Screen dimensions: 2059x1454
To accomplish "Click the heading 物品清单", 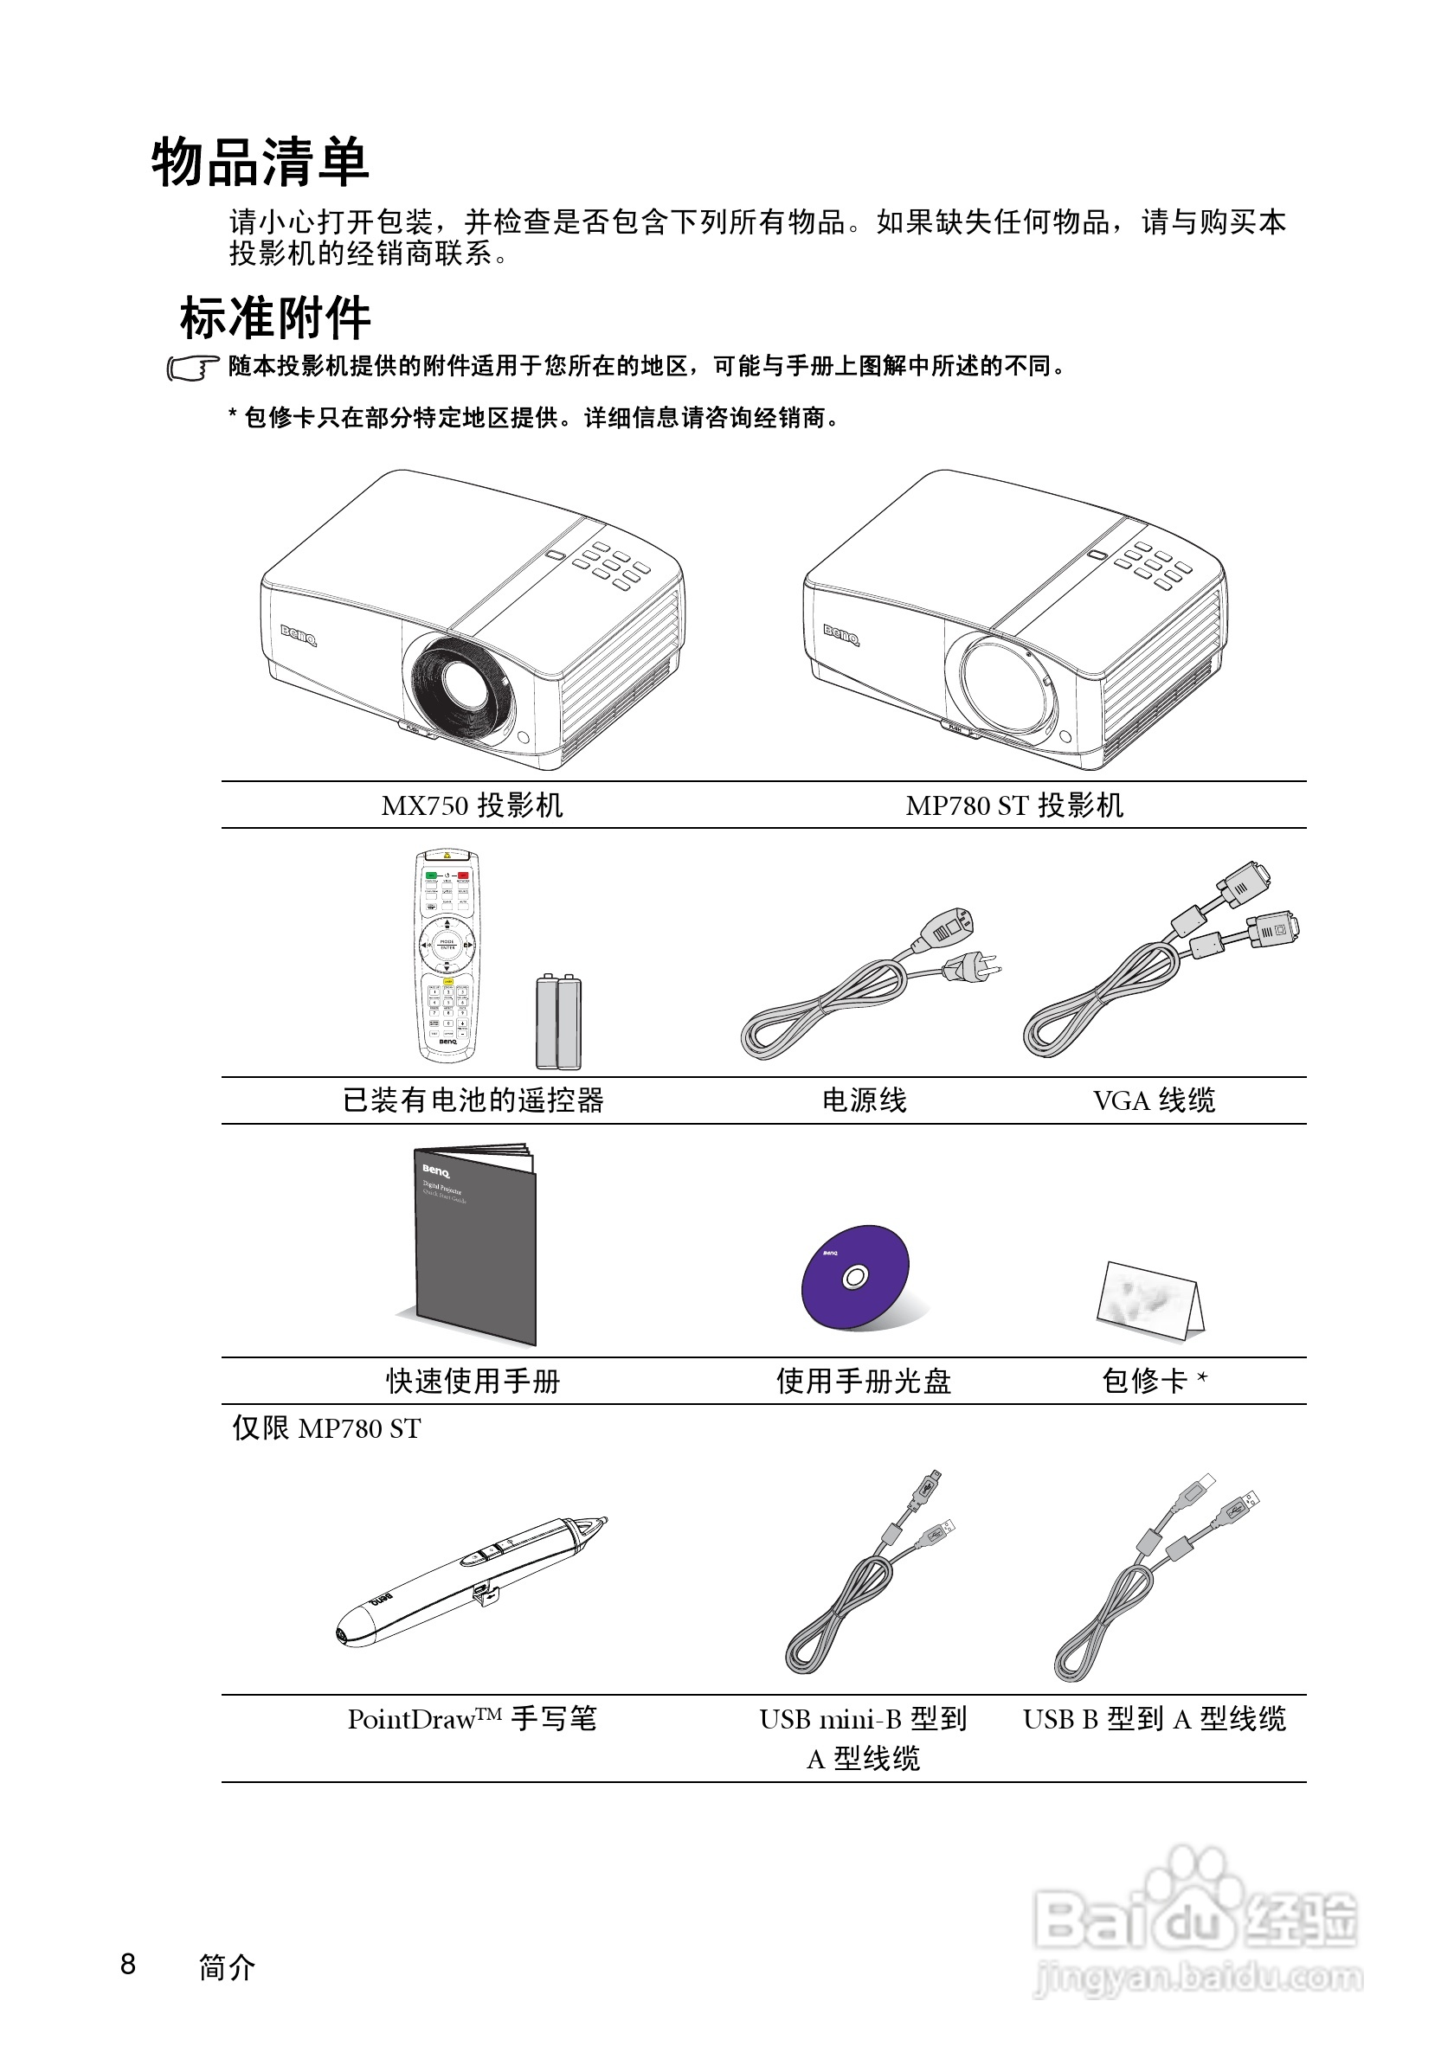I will pos(261,164).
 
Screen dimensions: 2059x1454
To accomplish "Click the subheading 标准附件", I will pos(275,318).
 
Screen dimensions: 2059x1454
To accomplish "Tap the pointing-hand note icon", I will pos(192,369).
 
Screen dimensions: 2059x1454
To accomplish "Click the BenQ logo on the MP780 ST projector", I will pos(841,634).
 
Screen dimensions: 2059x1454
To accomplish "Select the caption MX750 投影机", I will pos(472,805).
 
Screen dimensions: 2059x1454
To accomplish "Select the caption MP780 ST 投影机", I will pos(1013,805).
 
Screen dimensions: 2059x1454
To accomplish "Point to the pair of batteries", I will pos(558,1023).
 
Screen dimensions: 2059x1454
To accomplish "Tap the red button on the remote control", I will pos(464,875).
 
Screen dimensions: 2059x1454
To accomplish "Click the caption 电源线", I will pos(865,1100).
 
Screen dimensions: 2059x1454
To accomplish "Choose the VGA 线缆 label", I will pos(1154,1100).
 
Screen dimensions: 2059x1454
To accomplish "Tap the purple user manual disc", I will pos(855,1277).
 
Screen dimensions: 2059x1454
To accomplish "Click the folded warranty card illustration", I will pos(1150,1300).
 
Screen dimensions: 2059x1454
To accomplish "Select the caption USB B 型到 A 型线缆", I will pos(1155,1719).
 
